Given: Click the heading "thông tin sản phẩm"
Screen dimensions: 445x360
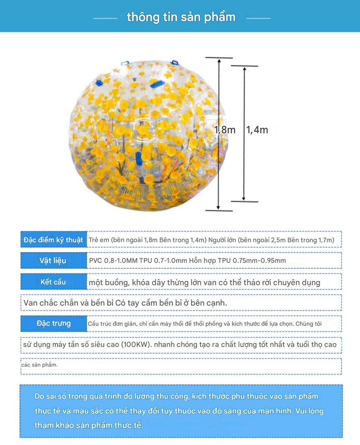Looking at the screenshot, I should (x=181, y=17).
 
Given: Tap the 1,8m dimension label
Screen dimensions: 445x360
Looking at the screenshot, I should (x=225, y=130).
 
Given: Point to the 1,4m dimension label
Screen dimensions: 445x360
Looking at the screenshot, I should (x=257, y=130).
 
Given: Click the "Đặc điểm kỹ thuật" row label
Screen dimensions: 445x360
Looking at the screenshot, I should (x=53, y=240).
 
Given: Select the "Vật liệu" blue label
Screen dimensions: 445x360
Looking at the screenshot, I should (x=53, y=261).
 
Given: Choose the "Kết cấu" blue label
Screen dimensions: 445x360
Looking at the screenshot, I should (x=53, y=282).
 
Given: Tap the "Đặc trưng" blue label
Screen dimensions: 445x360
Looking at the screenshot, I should (x=53, y=323).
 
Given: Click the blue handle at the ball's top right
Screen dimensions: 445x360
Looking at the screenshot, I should (x=174, y=62).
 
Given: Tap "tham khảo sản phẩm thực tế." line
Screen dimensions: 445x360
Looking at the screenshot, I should (x=89, y=425).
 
